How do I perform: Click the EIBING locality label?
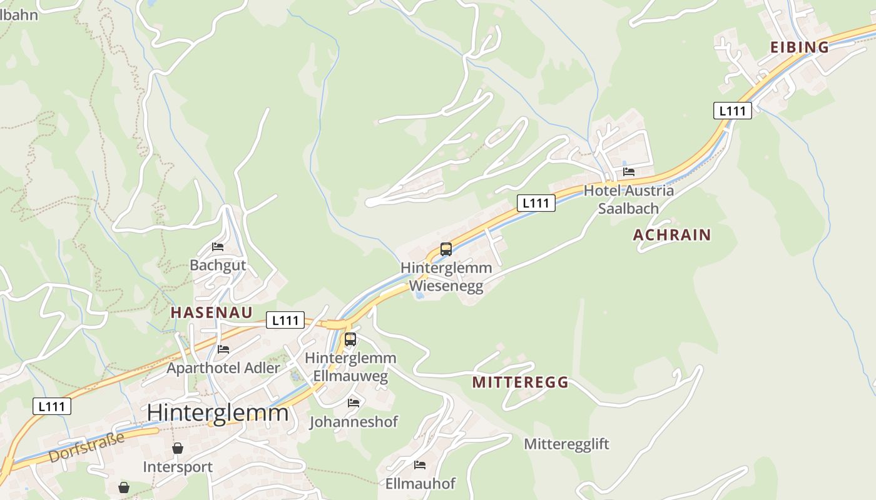tap(799, 47)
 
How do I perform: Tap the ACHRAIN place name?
tap(672, 235)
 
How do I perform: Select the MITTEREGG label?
tap(520, 382)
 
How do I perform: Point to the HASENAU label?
tap(211, 312)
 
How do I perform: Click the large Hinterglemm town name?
tap(218, 413)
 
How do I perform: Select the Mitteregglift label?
tap(566, 444)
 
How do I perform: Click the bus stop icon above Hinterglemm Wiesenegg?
tap(446, 249)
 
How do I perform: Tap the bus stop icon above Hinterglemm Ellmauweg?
tap(350, 339)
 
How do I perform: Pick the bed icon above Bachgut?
tap(218, 247)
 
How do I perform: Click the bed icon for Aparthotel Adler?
tap(223, 349)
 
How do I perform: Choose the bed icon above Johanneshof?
tap(354, 403)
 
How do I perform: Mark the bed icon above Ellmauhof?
tap(420, 465)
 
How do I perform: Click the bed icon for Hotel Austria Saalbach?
tap(629, 172)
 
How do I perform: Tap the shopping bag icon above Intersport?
tap(178, 448)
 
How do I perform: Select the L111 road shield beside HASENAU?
tap(285, 320)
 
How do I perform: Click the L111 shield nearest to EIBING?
tap(732, 111)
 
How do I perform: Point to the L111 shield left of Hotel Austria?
tap(536, 202)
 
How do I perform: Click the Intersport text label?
tap(178, 467)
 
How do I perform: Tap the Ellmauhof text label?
tap(420, 484)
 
